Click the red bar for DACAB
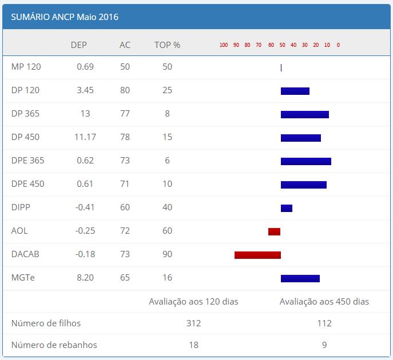pos(257,255)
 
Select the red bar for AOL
pos(274,231)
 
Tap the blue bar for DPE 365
pos(305,161)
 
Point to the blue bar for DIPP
pos(286,208)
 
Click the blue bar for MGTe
pos(300,278)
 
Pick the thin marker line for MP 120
pos(281,67)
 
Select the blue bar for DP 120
pos(295,91)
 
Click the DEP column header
pos(79,45)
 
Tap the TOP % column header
pos(167,45)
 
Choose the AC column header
pos(125,45)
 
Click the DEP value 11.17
pos(85,137)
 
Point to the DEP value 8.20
pos(85,278)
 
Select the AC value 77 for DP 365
pos(125,114)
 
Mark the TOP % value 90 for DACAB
pos(167,254)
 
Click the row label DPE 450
pos(27,184)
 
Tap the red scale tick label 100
pos(224,45)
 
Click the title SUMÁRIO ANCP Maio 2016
pos(65,17)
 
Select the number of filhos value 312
pos(193,323)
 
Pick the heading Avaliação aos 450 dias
pos(324,302)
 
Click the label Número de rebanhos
pos(54,345)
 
